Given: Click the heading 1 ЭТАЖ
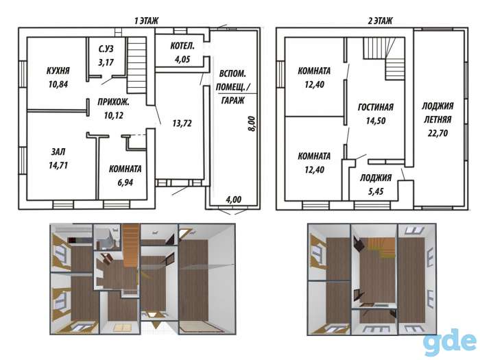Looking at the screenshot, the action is (x=146, y=21).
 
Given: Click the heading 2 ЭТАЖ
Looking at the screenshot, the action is (x=380, y=21).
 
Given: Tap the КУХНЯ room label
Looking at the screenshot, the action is (x=58, y=71).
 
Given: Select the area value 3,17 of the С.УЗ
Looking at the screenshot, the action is (x=106, y=62).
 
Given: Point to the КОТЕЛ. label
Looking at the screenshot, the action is (x=182, y=46).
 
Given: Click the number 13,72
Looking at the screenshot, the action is (x=182, y=123).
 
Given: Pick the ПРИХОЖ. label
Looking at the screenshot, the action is (x=113, y=102).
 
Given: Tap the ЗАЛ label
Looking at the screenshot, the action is (x=58, y=152).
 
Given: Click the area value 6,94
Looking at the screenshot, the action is (x=125, y=182).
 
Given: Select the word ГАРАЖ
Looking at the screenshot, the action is (x=233, y=100).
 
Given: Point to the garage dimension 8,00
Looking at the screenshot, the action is (x=251, y=123).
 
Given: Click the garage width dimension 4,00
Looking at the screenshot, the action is (x=234, y=200).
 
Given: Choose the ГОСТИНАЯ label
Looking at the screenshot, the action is (x=376, y=107).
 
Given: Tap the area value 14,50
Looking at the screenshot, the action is (x=376, y=121).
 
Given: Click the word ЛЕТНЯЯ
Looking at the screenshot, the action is (x=437, y=119).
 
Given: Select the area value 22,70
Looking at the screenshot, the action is (x=437, y=133).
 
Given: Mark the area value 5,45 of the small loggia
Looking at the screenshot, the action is (x=376, y=191).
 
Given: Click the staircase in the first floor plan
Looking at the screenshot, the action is (x=136, y=65).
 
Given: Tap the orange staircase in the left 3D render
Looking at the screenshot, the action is (x=131, y=245).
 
